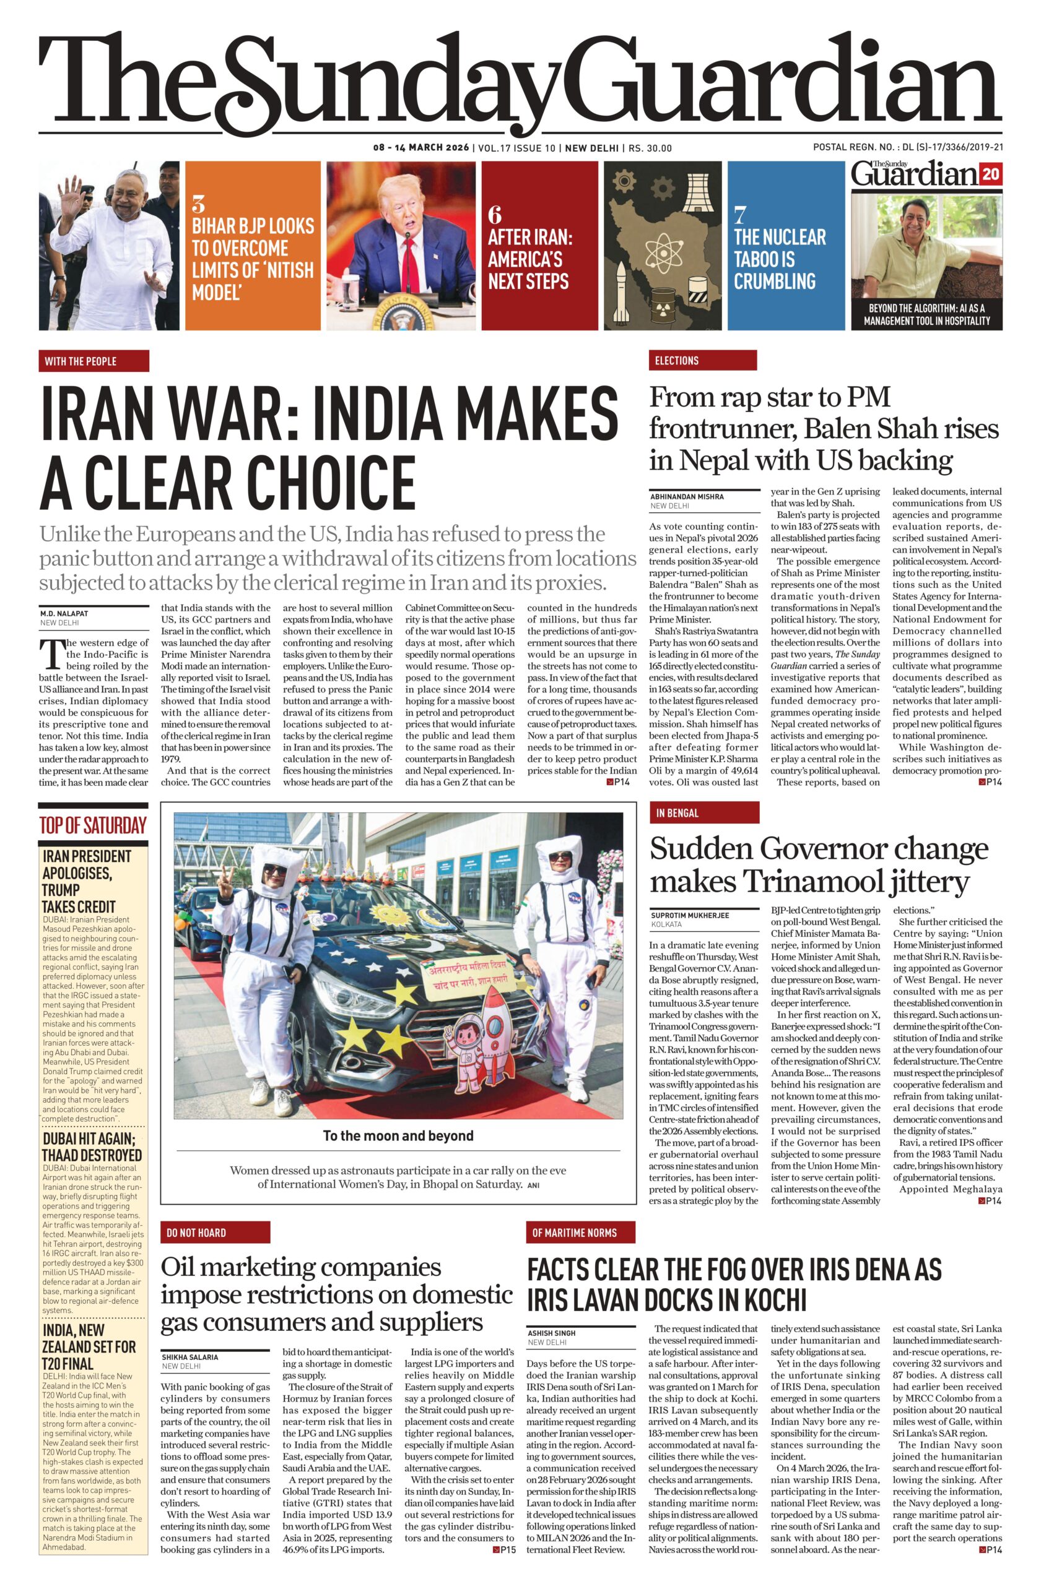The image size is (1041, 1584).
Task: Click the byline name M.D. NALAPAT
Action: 64,613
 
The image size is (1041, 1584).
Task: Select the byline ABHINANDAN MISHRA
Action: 687,496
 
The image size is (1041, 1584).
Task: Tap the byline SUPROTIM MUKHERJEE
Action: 689,915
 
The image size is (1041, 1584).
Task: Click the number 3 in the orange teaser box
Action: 198,203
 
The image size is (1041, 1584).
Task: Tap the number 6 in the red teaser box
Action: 494,214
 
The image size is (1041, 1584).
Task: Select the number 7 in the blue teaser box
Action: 739,214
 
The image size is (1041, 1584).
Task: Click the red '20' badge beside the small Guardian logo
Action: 990,174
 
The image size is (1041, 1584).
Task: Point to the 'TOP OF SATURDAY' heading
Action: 92,826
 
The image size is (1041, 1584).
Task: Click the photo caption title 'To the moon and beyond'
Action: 398,1135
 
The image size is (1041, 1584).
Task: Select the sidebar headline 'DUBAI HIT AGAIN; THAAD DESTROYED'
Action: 92,1147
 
